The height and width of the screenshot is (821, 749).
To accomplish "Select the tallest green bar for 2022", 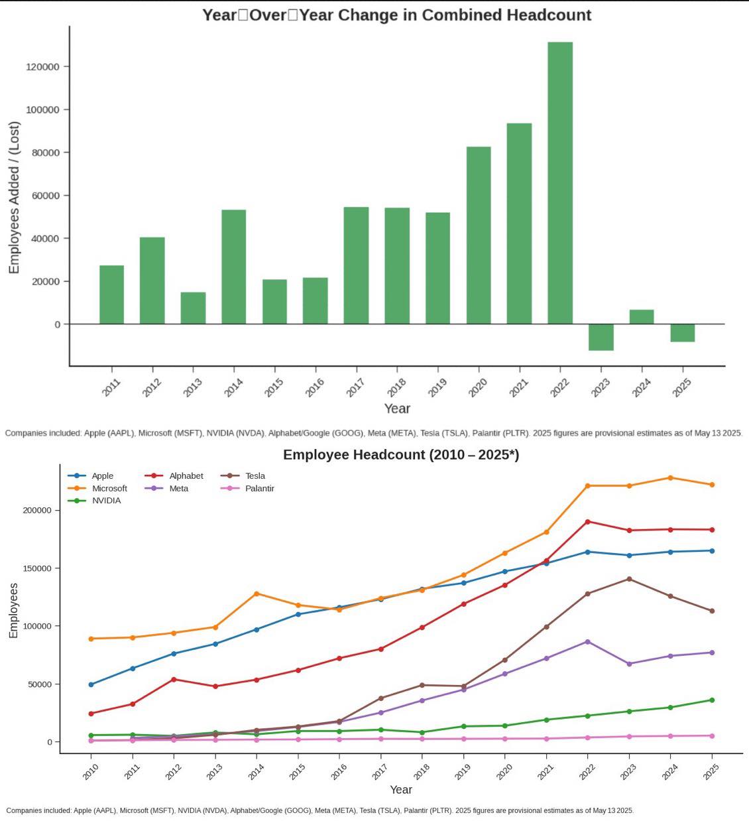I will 560,182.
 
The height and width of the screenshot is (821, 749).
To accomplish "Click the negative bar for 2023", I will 601,337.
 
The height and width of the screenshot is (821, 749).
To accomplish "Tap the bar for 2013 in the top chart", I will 193,308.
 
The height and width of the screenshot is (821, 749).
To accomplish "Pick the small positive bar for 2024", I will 642,317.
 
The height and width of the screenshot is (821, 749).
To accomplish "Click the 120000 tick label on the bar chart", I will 43,67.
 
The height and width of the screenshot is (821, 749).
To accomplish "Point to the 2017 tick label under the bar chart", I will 356,387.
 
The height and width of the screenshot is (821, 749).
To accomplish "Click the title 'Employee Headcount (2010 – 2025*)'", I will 401,455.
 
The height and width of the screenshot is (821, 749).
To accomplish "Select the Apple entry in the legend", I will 102,475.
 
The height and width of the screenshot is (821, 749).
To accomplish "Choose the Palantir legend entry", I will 259,488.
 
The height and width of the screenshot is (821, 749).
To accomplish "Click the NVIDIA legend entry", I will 106,501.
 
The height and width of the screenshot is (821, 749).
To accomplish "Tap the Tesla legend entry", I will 255,475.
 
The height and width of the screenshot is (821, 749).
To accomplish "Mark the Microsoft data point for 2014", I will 257,594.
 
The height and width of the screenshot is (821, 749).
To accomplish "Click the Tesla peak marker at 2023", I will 629,579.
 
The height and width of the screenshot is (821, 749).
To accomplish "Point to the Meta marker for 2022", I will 587,641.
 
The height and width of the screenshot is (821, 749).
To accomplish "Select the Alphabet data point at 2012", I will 174,679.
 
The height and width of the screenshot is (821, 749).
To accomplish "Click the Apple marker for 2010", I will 91,684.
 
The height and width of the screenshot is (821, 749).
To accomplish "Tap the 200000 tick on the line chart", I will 37,511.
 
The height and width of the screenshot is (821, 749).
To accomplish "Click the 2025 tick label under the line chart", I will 711,772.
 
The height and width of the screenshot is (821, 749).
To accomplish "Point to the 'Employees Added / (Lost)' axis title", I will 15,198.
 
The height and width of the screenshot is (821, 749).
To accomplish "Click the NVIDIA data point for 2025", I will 712,700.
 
